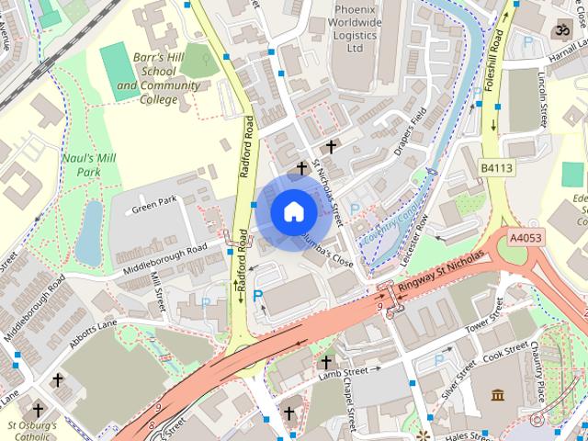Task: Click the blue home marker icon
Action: click(x=293, y=212)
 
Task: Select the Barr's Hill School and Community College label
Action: click(x=158, y=78)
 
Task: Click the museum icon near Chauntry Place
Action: click(x=499, y=395)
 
